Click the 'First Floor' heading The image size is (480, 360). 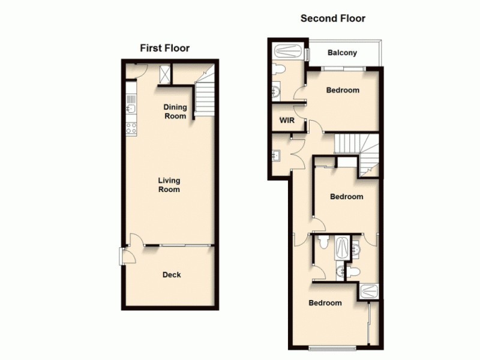(x=164, y=48)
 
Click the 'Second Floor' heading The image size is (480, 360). (x=332, y=18)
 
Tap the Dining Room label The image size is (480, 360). (x=175, y=112)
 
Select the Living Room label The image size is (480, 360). (x=169, y=185)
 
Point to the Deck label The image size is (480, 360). (x=172, y=275)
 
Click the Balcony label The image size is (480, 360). (x=342, y=53)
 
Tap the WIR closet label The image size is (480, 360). (x=286, y=120)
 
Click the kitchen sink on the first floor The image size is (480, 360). (x=131, y=109)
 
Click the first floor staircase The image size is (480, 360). (x=204, y=96)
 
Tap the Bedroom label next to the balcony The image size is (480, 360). (x=343, y=91)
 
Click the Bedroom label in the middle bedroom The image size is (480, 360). (x=346, y=197)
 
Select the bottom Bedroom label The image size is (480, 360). (x=325, y=303)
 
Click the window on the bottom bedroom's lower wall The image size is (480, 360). (x=334, y=348)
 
